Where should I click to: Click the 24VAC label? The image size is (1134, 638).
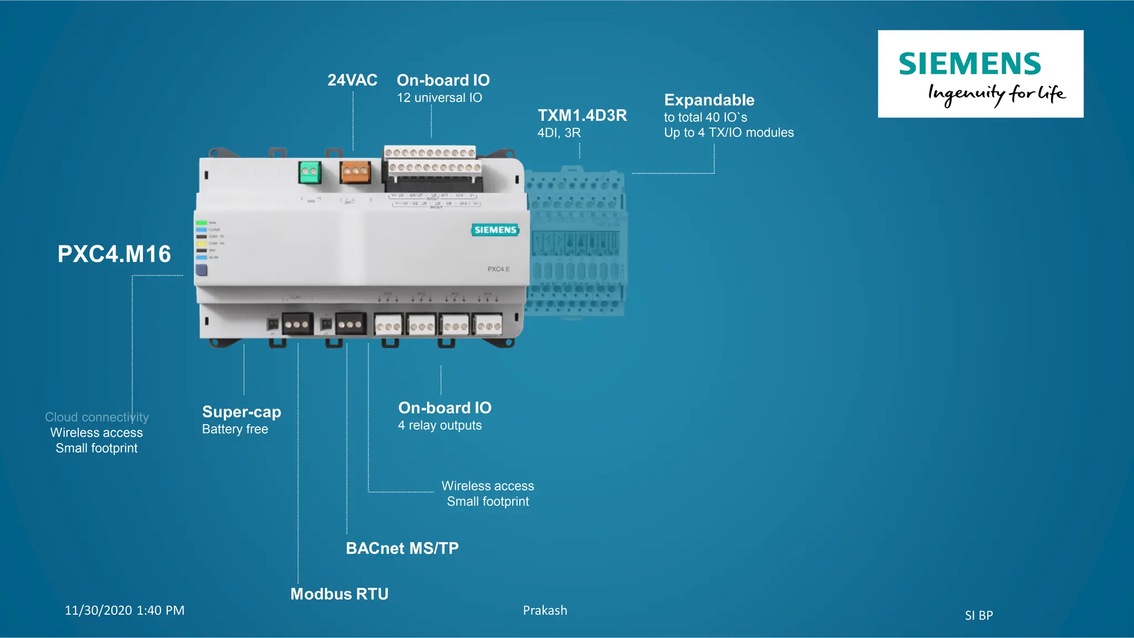(x=352, y=80)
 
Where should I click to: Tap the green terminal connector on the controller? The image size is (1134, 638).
(x=310, y=172)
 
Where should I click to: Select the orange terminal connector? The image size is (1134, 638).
(x=355, y=172)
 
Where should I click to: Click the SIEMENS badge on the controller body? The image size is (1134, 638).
(x=495, y=230)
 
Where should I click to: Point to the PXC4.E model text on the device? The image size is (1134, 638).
(x=498, y=269)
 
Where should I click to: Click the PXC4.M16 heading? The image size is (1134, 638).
(x=114, y=254)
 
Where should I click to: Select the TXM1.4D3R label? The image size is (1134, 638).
(x=582, y=115)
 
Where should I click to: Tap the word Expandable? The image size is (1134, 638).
(x=709, y=100)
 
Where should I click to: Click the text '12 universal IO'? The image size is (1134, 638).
(x=439, y=98)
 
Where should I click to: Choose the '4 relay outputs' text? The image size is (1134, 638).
(x=440, y=425)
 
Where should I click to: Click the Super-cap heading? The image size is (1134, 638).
(x=241, y=412)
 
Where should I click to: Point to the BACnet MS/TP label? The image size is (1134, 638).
(x=402, y=548)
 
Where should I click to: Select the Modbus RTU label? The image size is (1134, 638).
(x=339, y=594)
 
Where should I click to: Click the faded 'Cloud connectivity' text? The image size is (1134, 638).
(x=96, y=417)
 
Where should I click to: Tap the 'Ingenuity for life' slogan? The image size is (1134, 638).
(x=996, y=94)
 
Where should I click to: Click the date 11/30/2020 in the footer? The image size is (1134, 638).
(x=99, y=610)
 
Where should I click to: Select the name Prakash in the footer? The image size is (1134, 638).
(x=545, y=610)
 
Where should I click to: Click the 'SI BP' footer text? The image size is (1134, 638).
(x=978, y=615)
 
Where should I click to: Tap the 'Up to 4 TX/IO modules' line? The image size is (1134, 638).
(x=729, y=133)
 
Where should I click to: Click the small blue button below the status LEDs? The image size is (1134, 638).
(x=202, y=270)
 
